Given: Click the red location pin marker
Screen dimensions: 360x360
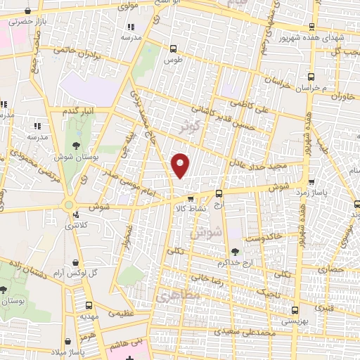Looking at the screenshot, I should (181, 165).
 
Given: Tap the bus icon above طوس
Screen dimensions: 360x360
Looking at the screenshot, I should (174, 49).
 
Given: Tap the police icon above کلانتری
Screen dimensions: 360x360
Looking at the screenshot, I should (75, 215).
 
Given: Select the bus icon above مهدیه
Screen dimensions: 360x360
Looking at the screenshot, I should (89, 305).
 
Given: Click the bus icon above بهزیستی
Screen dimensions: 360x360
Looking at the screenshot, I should (293, 310).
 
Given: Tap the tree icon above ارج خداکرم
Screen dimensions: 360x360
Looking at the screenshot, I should (234, 252).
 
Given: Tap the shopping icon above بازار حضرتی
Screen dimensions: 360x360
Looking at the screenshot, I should (27, 12).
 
